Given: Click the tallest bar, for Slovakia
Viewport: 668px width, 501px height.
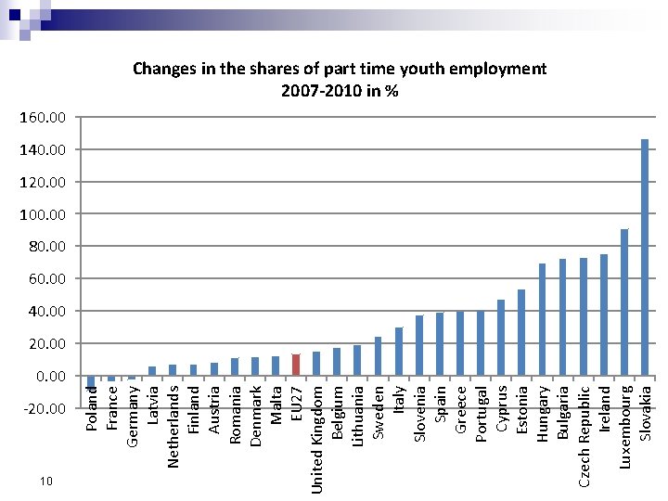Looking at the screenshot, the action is click(x=645, y=257).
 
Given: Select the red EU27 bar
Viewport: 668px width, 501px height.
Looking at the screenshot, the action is click(x=296, y=365).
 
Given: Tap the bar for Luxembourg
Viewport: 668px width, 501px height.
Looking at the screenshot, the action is click(x=624, y=302).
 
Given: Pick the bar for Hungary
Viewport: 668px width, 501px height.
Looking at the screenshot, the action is click(x=542, y=319).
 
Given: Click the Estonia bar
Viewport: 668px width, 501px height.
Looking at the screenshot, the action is click(x=521, y=333).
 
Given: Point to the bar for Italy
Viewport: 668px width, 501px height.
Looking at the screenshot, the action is click(x=399, y=352).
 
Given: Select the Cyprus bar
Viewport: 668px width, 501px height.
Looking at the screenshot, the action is click(x=501, y=338).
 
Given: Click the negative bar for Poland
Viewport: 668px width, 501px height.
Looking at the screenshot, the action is click(x=90, y=381).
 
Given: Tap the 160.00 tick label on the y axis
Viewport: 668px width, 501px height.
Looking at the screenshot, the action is click(x=43, y=117).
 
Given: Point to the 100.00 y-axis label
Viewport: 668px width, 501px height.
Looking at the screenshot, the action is click(x=43, y=214).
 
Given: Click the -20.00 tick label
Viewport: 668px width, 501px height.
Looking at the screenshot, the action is click(x=45, y=408).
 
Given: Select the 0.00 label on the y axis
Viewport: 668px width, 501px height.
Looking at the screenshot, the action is click(x=51, y=376).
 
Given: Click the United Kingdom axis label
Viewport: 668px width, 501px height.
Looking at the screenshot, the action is click(x=316, y=440).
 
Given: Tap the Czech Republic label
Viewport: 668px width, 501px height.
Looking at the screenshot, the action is click(x=584, y=436).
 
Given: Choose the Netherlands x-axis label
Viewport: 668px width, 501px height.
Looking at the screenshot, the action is click(x=173, y=427).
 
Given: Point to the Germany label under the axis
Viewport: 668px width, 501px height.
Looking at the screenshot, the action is click(x=132, y=417).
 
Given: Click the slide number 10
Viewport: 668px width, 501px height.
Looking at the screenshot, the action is click(x=46, y=482).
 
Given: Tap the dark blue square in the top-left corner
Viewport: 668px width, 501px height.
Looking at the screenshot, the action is click(x=15, y=15).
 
